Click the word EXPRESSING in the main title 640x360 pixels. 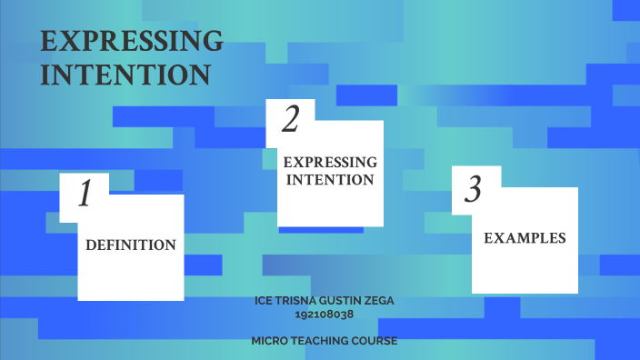[132, 42]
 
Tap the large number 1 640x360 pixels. [85, 194]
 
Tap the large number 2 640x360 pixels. [291, 118]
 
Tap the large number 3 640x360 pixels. [473, 190]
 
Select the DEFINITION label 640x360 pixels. [130, 245]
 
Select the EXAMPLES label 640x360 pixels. [525, 238]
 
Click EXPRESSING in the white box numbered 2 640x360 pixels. [330, 162]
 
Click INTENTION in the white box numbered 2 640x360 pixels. [330, 180]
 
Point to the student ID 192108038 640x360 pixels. [324, 315]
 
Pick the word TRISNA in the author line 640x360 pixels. [295, 301]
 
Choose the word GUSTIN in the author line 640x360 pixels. [341, 301]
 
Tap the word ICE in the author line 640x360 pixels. [265, 301]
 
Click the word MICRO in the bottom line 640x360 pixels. [270, 341]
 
